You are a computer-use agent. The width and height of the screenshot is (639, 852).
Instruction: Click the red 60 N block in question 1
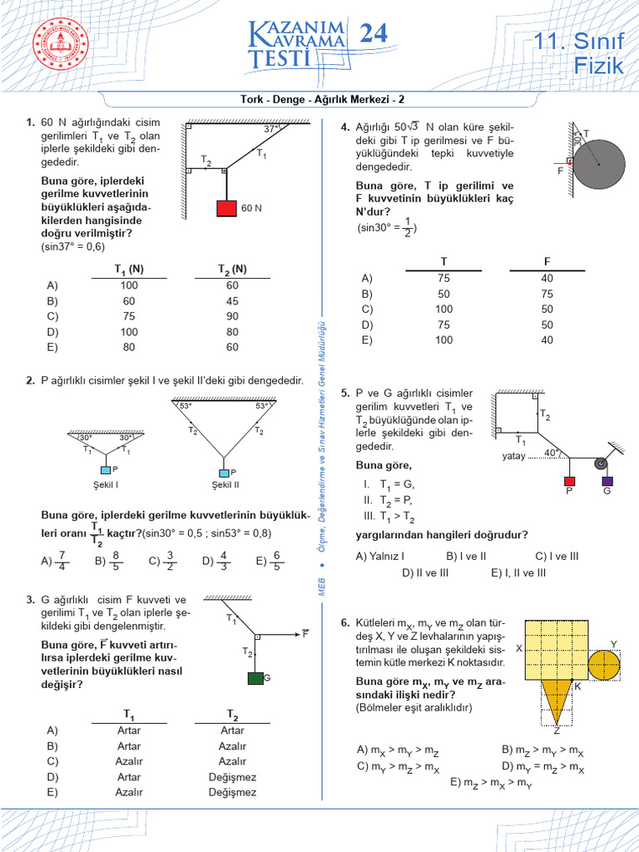(226, 208)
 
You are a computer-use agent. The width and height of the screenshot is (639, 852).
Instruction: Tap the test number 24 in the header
(372, 34)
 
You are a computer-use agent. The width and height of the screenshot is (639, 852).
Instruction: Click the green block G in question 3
(255, 678)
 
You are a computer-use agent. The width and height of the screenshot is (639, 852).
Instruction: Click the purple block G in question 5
(607, 481)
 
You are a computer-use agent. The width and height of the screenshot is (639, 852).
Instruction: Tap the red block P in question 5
(570, 481)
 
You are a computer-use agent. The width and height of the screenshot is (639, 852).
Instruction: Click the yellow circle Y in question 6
(604, 664)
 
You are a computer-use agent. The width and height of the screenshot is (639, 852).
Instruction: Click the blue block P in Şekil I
(106, 470)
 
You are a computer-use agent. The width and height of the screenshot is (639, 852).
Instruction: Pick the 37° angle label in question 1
(271, 130)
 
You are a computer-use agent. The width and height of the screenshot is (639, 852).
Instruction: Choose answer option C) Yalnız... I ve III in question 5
(557, 556)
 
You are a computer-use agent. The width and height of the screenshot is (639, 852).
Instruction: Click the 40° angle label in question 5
(551, 453)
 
